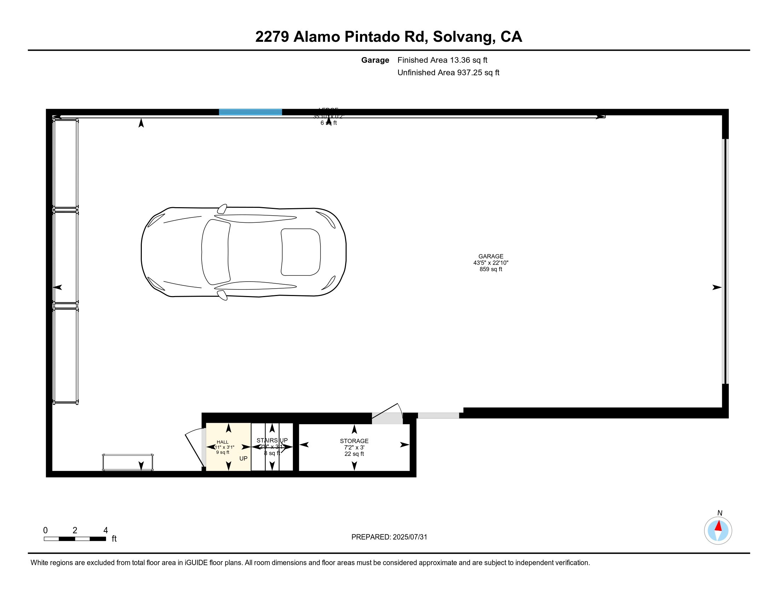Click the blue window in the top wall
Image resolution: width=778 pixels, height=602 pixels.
click(250, 112)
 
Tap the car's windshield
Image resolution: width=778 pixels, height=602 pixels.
click(215, 252)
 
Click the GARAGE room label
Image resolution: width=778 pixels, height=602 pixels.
click(490, 256)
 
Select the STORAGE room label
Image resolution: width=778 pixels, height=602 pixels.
click(354, 441)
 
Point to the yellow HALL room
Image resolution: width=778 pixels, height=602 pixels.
click(228, 447)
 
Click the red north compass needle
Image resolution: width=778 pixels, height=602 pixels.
click(719, 526)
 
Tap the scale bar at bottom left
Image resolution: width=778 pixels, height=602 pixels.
click(75, 539)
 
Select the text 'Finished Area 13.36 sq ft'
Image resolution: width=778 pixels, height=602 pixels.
click(442, 60)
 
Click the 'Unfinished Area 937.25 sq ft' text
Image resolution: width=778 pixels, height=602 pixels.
click(448, 73)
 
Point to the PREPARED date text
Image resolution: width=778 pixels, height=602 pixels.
click(389, 537)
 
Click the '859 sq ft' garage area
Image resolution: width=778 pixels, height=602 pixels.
click(490, 269)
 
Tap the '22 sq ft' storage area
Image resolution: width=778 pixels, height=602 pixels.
click(354, 454)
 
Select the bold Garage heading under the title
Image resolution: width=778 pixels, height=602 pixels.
click(375, 60)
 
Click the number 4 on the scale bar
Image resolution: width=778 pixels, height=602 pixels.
click(105, 530)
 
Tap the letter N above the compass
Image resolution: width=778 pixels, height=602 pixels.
click(720, 513)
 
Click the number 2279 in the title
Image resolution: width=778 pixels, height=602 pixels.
click(272, 37)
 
